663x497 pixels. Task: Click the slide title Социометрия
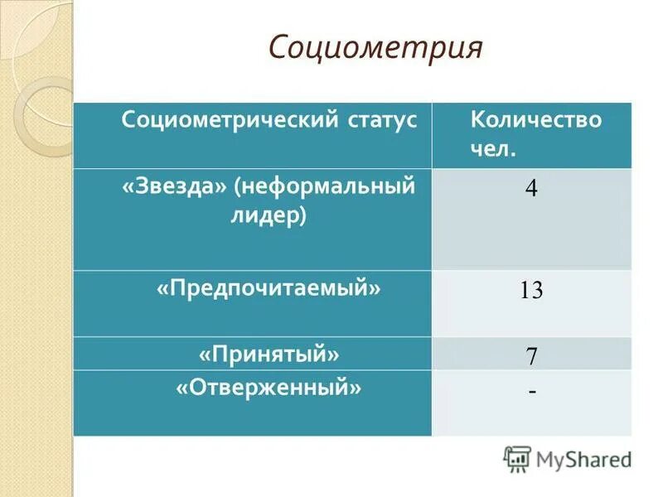click(375, 48)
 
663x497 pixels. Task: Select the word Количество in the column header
click(535, 119)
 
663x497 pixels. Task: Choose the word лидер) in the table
click(268, 216)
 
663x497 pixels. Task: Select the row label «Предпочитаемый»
click(269, 288)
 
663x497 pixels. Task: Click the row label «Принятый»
click(269, 354)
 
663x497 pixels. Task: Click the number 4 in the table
click(530, 189)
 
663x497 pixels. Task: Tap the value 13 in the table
click(530, 291)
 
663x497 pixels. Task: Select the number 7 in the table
click(531, 357)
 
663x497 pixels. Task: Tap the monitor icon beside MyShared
click(517, 458)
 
